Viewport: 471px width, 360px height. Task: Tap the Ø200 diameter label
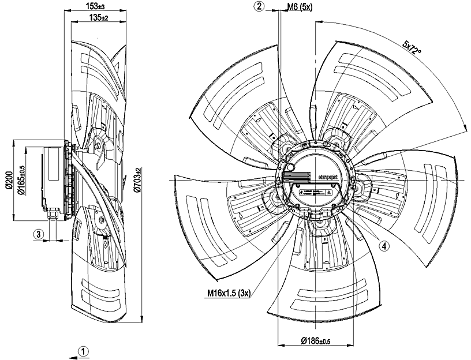(9, 180)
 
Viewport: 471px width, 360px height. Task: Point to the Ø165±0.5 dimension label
(21, 180)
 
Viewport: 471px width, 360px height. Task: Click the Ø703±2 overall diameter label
(137, 181)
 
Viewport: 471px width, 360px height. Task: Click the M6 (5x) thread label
(300, 6)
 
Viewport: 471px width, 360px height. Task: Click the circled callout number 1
(84, 351)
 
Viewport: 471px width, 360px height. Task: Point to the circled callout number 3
(39, 234)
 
